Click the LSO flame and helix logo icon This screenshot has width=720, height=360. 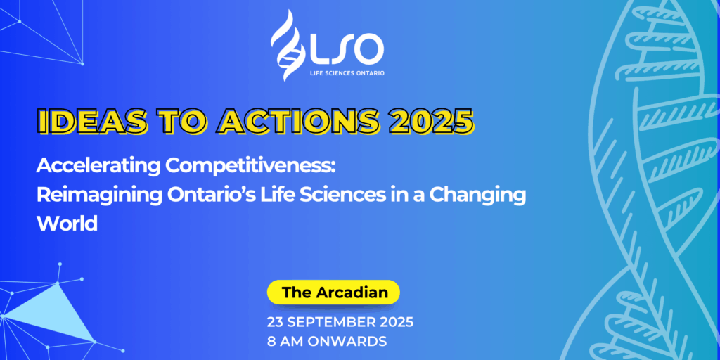coord(288,45)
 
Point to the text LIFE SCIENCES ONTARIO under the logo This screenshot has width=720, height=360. coord(347,73)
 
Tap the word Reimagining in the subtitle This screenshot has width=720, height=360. coord(99,195)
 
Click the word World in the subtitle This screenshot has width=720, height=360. coord(67,223)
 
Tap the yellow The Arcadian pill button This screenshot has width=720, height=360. coord(333,292)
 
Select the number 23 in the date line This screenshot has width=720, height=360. coord(276,322)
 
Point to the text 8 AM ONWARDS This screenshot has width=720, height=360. coord(326,342)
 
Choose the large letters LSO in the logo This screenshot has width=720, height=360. coord(347,49)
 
